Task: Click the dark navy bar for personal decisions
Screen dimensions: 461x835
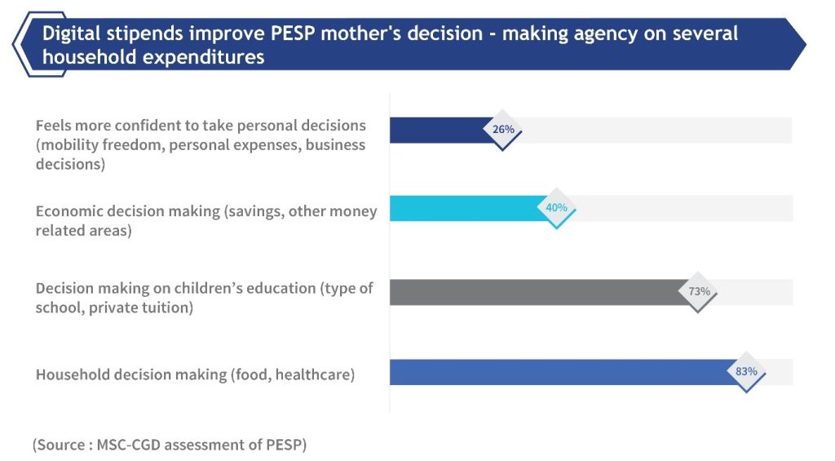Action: (440, 130)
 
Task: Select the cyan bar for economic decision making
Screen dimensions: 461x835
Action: (465, 208)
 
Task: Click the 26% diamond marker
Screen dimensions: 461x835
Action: (503, 130)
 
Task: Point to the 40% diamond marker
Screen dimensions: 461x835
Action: (556, 208)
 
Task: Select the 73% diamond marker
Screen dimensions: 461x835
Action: (699, 292)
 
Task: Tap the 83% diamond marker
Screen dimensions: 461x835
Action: (746, 372)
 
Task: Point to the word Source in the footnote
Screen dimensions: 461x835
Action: (63, 445)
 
